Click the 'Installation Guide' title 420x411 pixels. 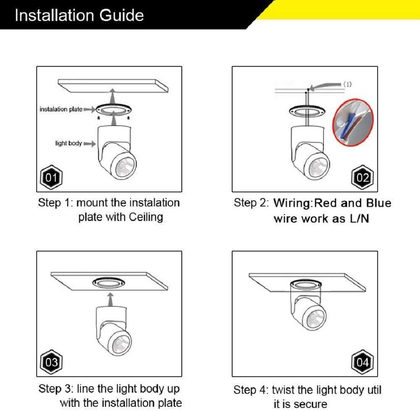coord(79,15)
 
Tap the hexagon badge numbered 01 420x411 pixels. coord(51,177)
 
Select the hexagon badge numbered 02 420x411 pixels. coord(362,177)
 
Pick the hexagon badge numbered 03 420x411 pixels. coord(51,362)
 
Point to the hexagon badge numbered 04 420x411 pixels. coord(362,362)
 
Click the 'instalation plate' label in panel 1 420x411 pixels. coord(61,109)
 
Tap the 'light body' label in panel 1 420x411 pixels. coord(68,143)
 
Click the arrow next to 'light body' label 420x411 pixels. coord(89,144)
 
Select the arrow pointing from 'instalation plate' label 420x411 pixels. coord(89,109)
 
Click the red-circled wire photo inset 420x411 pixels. coord(353,122)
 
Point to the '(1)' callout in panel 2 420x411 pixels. coord(347,84)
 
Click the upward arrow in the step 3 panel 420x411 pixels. coord(110,299)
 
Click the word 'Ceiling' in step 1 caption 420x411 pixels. coord(146,217)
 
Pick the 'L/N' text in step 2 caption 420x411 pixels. coord(359,219)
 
